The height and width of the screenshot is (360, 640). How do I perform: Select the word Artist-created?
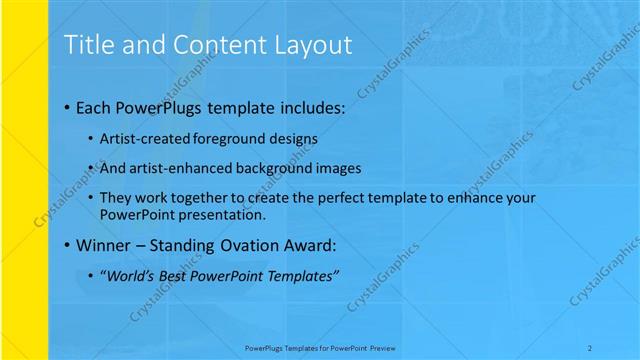click(142, 138)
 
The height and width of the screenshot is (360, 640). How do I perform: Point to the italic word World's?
click(132, 275)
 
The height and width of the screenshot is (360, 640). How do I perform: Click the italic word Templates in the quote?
click(301, 275)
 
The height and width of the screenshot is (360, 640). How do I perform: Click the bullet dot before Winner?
click(66, 245)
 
